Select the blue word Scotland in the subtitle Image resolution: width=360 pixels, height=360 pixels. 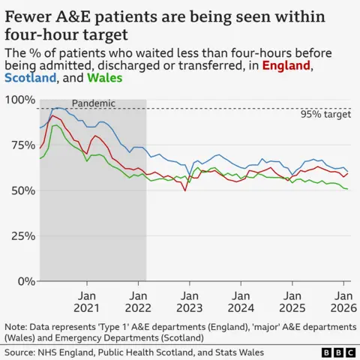(x=31, y=78)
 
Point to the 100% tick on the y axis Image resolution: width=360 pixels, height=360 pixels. (x=19, y=100)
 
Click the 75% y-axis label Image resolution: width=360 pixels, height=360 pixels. (x=22, y=145)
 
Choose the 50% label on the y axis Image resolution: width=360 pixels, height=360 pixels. (x=22, y=190)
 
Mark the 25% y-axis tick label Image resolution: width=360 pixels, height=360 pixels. (x=22, y=236)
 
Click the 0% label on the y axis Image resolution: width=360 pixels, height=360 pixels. (x=25, y=281)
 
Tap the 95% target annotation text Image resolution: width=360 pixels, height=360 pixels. (x=325, y=115)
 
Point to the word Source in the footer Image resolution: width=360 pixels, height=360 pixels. (x=21, y=351)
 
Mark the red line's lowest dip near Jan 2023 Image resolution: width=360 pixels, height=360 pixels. (x=185, y=191)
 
